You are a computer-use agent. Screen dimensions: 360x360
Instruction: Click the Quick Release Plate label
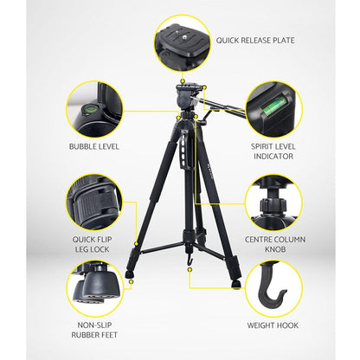coord(255,40)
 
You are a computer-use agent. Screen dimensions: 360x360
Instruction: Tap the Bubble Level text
coord(94,146)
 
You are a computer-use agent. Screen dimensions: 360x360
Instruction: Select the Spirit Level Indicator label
coord(273,151)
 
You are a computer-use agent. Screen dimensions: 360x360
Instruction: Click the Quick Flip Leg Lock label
coord(93,244)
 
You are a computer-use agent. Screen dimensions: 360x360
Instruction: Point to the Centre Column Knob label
coord(275,244)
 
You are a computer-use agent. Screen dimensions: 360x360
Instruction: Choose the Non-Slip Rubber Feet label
coord(94,330)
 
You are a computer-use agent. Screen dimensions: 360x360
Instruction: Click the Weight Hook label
coord(273,325)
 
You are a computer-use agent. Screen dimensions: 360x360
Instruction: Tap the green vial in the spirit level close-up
coord(274,107)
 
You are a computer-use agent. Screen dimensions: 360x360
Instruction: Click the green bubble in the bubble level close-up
coord(88,109)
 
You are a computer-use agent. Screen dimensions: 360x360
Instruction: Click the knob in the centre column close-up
coord(273,205)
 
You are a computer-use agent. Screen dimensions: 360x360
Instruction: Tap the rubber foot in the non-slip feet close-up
coord(101,284)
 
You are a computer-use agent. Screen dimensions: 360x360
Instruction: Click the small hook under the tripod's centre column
coord(190,260)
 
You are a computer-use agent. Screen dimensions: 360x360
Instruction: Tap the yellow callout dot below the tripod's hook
coord(190,269)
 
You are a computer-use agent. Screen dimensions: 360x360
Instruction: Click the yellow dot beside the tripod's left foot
coord(132,281)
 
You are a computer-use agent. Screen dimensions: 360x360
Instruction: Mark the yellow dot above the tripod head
coord(182,81)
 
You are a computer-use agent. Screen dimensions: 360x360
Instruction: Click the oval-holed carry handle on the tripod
coord(184,150)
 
